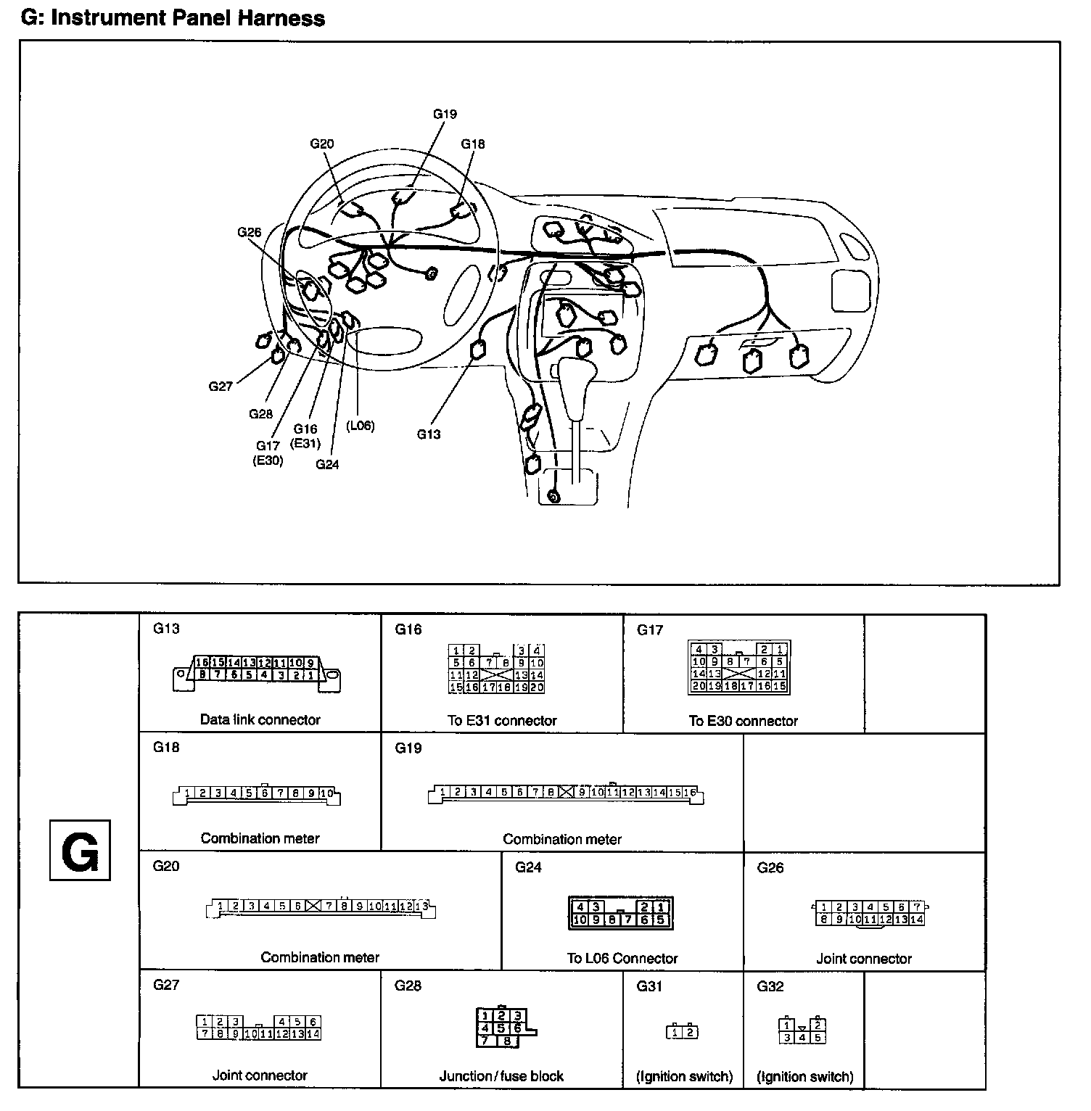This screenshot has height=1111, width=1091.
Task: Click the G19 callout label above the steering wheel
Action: point(445,114)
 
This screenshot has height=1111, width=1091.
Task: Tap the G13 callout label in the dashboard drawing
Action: point(429,434)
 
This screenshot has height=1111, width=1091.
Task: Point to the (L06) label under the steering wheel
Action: point(360,426)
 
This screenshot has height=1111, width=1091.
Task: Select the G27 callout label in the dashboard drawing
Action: point(221,387)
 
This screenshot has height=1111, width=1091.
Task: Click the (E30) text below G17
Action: point(268,460)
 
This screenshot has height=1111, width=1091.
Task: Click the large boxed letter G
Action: point(80,850)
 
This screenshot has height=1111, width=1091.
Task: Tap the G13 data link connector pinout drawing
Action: point(257,673)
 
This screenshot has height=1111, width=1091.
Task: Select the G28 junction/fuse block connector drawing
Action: point(503,1028)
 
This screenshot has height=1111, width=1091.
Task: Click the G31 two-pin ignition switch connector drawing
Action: point(682,1031)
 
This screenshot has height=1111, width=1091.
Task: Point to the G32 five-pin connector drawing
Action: point(802,1031)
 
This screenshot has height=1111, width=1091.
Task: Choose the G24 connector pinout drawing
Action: point(621,913)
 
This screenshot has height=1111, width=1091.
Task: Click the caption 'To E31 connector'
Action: point(502,721)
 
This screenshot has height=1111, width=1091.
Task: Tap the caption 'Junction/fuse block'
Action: point(501,1076)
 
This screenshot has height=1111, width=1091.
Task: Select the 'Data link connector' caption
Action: point(260,720)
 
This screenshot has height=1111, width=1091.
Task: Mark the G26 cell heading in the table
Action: point(770,868)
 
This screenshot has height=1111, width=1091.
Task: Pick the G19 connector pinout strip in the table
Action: point(566,793)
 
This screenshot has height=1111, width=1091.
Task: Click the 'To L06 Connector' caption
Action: point(622,959)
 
